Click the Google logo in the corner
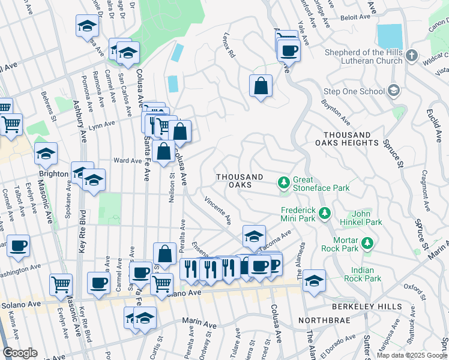coord(20,353)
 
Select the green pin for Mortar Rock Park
coord(367,243)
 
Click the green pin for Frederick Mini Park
coord(325,213)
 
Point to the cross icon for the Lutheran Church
coord(411,56)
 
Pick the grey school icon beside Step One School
coord(394,91)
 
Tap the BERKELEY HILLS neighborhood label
coord(369,307)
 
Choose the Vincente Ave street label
coord(218,211)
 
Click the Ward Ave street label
coord(127,161)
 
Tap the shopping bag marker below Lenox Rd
coord(261,86)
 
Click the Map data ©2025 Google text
coord(412,355)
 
